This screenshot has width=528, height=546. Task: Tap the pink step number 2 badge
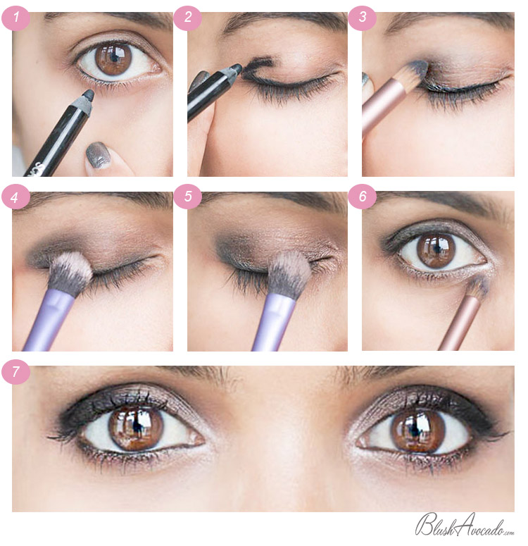tap(187, 18)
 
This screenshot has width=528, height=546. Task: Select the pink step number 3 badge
tap(362, 18)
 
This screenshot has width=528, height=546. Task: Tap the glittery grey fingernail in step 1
tap(98, 154)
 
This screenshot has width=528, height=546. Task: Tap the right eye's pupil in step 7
tap(414, 429)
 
